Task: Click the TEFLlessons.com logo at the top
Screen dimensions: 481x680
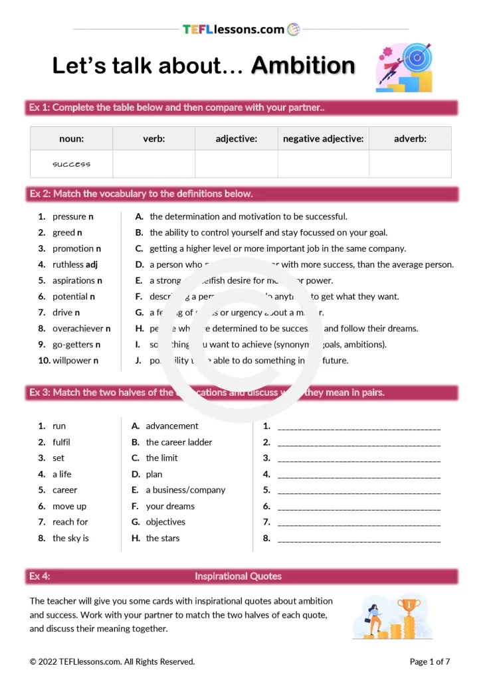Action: (x=241, y=29)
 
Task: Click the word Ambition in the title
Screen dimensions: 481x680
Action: (x=303, y=66)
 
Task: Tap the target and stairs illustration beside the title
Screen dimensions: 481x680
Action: (x=404, y=68)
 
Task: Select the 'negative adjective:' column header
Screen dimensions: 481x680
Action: (x=323, y=139)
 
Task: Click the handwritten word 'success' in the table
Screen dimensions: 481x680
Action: (x=71, y=164)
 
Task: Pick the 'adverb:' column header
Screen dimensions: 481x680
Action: (x=410, y=139)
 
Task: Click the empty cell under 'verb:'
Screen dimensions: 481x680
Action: (x=153, y=164)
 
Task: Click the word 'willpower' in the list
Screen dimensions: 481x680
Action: (x=71, y=361)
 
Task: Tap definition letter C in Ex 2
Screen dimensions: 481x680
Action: (x=139, y=248)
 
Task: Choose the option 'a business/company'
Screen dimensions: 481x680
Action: (x=185, y=490)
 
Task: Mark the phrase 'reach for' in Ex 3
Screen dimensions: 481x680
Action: (x=70, y=522)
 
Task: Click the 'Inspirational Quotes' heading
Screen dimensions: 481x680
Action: (x=238, y=576)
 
